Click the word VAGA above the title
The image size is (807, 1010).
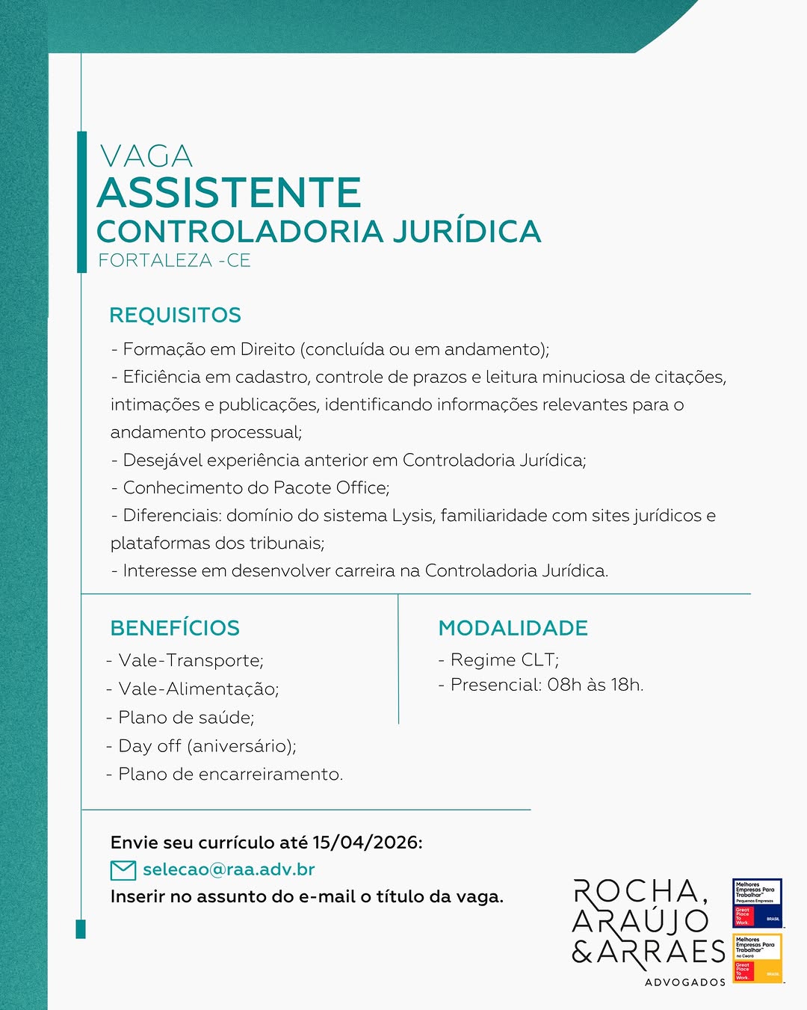coord(146,156)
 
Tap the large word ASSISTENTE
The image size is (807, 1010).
coord(229,193)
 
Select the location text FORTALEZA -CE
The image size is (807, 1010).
coord(174,261)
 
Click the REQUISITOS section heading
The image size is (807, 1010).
coord(175,315)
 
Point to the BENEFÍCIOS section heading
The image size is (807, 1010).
coord(175,628)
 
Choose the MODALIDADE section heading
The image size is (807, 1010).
coord(513,628)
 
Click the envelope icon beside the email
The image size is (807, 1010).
coord(123,870)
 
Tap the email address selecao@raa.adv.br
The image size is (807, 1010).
coord(229,869)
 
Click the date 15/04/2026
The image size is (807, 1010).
coord(365,843)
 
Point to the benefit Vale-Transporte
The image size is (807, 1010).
coord(191,661)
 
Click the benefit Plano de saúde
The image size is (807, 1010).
coord(186,718)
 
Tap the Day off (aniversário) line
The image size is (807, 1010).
coord(207,746)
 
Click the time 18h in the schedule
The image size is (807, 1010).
coord(626,685)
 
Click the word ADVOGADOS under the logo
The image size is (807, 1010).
coord(685,982)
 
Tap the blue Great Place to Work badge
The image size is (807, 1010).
coord(757,903)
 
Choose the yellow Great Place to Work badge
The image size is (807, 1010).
coord(757,958)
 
